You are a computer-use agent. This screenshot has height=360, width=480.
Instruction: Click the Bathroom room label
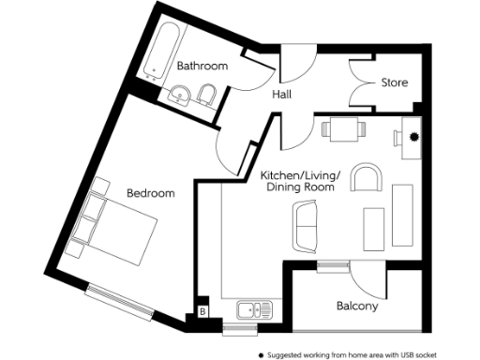click(202, 67)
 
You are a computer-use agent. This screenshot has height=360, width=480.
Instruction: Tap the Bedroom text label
click(151, 194)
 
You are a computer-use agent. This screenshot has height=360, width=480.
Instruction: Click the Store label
click(394, 82)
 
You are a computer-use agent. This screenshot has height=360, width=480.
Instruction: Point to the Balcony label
click(356, 307)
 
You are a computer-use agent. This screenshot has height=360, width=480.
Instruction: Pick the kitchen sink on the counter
click(254, 310)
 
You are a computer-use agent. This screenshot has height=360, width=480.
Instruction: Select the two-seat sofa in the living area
click(306, 228)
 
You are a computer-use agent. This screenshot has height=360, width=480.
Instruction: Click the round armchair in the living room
click(367, 177)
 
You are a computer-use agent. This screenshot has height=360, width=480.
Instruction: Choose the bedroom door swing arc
click(229, 150)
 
